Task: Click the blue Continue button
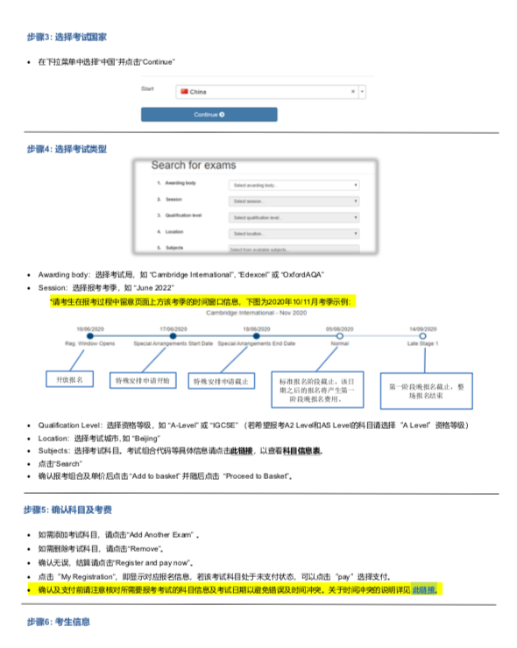coord(209,115)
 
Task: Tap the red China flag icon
coord(184,91)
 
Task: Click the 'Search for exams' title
coord(194,165)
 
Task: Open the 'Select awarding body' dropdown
coord(294,186)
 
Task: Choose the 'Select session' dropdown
coord(294,201)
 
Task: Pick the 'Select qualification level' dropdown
coord(294,217)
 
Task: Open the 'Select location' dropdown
coord(294,234)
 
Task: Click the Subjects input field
coord(294,250)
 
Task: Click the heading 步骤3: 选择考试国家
coord(67,38)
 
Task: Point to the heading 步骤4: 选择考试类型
coord(67,149)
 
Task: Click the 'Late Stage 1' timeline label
coord(422,344)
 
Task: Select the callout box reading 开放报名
coord(70,380)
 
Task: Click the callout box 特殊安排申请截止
coord(221,382)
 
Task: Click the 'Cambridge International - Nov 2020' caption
coord(256,313)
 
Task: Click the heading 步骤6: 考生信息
coord(58,621)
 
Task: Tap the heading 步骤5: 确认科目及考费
coord(67,509)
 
